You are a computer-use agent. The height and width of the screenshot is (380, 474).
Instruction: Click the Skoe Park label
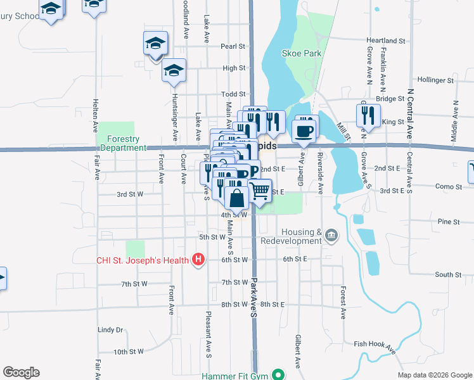[303, 54]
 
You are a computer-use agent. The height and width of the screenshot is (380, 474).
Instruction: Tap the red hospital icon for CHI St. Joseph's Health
[198, 259]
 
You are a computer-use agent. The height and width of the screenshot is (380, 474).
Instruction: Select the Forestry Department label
[123, 143]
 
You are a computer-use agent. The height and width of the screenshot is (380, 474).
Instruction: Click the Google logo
[21, 372]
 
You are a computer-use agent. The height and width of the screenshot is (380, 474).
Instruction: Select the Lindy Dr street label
[110, 330]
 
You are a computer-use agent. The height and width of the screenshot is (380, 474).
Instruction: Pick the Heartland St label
[386, 41]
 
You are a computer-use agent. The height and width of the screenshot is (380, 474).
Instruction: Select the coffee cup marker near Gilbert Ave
[304, 130]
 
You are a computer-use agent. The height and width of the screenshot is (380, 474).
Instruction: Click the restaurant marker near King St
[366, 115]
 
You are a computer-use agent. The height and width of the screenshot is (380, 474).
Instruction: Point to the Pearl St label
[233, 46]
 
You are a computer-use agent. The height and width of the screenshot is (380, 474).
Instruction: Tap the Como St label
[448, 186]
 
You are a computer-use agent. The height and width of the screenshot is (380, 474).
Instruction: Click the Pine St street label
[448, 222]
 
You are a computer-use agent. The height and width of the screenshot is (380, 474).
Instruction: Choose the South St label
[448, 274]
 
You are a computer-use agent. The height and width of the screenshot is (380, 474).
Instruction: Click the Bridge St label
[390, 99]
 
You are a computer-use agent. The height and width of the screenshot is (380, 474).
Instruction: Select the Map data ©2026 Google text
[434, 375]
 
